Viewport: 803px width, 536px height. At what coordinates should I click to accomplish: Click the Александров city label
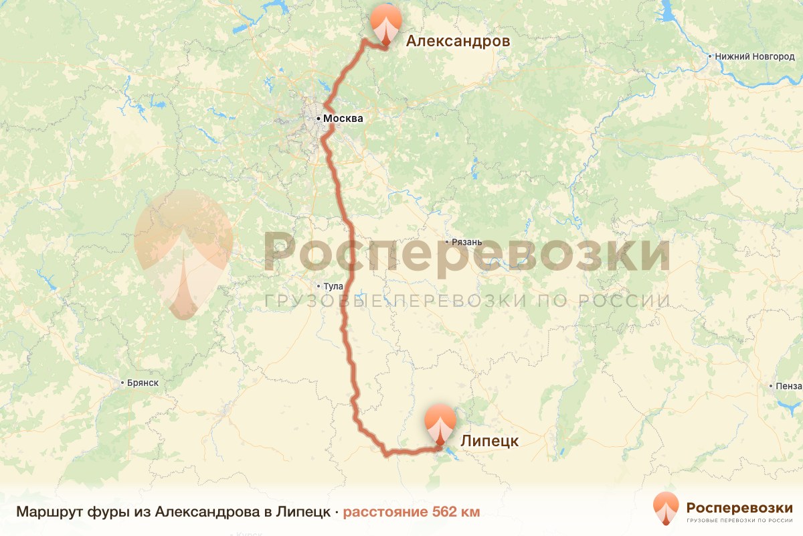(x=458, y=42)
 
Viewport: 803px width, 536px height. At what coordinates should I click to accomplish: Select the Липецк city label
(x=489, y=441)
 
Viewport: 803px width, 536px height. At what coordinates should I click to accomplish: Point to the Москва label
(x=343, y=119)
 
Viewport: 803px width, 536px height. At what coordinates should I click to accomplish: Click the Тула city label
(x=333, y=286)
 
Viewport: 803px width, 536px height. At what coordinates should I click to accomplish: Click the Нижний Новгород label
(x=755, y=57)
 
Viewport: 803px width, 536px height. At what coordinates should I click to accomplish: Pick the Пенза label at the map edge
(x=790, y=386)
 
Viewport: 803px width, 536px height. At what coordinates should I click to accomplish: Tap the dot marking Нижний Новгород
(x=710, y=57)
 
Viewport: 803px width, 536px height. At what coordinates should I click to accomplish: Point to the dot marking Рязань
(x=448, y=242)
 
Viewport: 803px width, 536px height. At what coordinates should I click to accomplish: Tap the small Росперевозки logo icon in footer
(x=666, y=508)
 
